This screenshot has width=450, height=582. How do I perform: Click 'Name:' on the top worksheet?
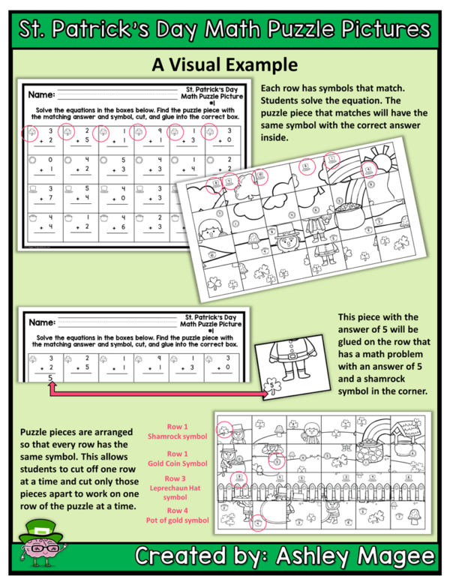(x=42, y=95)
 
